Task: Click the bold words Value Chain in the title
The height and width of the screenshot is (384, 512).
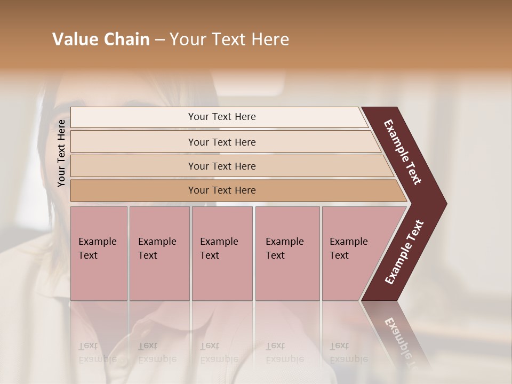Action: (x=101, y=39)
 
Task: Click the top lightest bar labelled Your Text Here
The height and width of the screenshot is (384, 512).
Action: (x=222, y=117)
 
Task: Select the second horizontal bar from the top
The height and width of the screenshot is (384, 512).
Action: (x=222, y=142)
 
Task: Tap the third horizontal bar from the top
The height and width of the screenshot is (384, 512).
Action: (x=222, y=166)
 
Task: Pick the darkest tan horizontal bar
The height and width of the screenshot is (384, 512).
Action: (x=222, y=190)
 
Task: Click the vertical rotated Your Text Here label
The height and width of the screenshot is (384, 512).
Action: (x=61, y=153)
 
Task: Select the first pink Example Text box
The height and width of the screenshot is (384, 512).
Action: (x=99, y=253)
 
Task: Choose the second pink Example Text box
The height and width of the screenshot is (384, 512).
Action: (x=159, y=253)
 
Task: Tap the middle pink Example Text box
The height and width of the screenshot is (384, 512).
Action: (x=222, y=253)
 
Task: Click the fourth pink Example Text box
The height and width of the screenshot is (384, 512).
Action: (x=287, y=253)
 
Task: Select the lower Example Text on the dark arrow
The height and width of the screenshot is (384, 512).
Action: (x=404, y=252)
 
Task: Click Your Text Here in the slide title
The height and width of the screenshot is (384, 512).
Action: (x=229, y=39)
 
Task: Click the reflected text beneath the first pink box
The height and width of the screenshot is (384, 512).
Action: (x=97, y=353)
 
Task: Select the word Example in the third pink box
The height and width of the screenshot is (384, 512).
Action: (x=219, y=242)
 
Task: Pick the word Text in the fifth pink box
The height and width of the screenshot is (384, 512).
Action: (x=339, y=255)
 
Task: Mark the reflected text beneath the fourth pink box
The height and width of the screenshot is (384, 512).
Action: (x=284, y=353)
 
